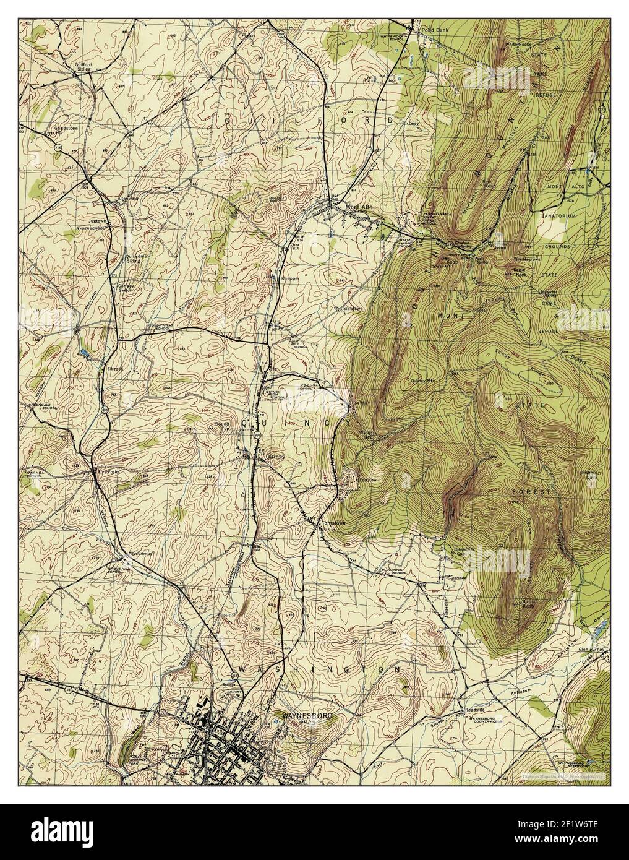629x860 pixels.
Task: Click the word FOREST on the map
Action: click(531, 492)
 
